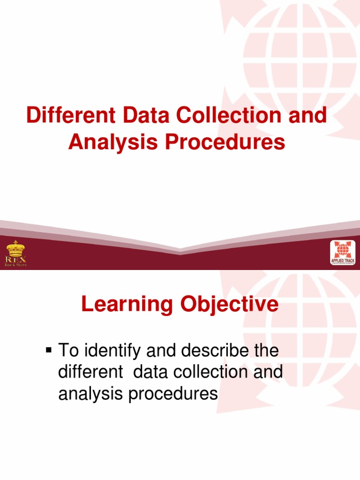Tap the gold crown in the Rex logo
point(16,249)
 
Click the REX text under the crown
point(16,259)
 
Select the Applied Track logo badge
point(343,252)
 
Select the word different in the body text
point(88,372)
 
